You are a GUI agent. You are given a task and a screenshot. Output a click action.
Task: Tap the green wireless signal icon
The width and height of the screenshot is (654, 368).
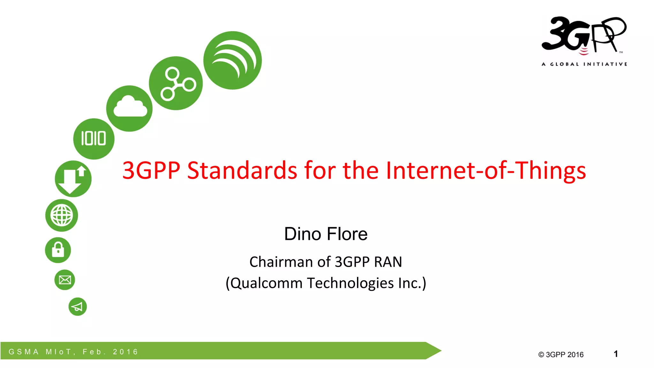pyautogui.click(x=232, y=60)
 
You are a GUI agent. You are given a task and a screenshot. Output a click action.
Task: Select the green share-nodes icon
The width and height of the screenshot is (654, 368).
pyautogui.click(x=176, y=83)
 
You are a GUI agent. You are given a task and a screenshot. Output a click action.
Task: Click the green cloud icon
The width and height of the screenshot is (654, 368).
pyautogui.click(x=129, y=108)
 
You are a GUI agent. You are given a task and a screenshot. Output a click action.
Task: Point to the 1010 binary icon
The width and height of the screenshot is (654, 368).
pyautogui.click(x=94, y=139)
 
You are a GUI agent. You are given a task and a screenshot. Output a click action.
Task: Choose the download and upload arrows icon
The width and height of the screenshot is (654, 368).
pyautogui.click(x=73, y=179)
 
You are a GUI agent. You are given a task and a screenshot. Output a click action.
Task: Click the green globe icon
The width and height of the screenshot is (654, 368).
pyautogui.click(x=62, y=215)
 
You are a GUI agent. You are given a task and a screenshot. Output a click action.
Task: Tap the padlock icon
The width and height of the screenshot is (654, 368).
pyautogui.click(x=58, y=250)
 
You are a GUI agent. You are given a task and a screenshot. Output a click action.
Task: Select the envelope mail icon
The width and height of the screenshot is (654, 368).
pyautogui.click(x=65, y=280)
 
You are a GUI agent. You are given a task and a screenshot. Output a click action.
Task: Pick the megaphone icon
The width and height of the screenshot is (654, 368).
pyautogui.click(x=78, y=307)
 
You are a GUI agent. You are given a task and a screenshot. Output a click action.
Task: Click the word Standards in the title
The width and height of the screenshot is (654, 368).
pyautogui.click(x=242, y=170)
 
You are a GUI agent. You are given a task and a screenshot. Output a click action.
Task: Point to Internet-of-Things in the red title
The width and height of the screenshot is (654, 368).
pyautogui.click(x=485, y=170)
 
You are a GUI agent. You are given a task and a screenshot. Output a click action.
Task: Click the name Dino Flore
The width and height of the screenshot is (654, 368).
pyautogui.click(x=326, y=234)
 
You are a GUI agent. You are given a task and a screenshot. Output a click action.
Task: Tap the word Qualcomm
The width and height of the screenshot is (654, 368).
pyautogui.click(x=267, y=283)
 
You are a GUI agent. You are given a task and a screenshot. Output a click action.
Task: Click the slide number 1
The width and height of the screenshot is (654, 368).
pyautogui.click(x=616, y=354)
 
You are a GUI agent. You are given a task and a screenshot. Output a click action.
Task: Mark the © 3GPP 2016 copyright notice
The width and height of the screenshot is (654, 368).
pyautogui.click(x=561, y=355)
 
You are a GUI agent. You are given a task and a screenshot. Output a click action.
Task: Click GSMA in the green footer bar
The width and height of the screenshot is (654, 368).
pyautogui.click(x=24, y=352)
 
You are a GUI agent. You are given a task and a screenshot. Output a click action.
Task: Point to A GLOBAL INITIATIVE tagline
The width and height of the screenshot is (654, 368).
pyautogui.click(x=584, y=64)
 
